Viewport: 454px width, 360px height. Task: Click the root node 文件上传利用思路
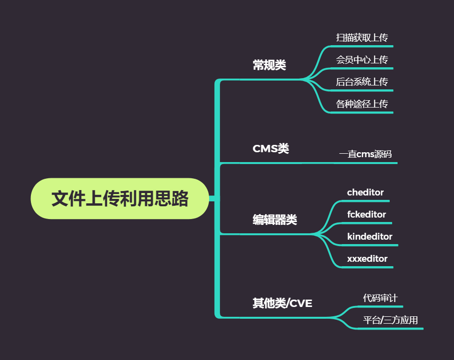120,198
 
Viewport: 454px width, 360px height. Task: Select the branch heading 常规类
269,65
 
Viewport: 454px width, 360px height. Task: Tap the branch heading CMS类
270,148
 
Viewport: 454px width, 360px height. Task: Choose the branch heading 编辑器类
274,220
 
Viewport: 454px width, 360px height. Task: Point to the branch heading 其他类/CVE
282,303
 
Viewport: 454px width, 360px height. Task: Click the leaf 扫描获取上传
362,37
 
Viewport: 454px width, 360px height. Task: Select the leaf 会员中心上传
362,59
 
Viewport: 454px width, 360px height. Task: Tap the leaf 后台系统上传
362,82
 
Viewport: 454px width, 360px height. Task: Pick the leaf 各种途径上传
362,104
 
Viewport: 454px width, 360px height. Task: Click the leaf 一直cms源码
365,154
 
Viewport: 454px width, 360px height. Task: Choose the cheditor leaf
365,193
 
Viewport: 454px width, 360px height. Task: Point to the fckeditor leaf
366,215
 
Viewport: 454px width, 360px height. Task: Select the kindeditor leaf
370,237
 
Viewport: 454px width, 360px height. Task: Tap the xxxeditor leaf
367,259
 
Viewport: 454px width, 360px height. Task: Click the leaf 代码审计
380,298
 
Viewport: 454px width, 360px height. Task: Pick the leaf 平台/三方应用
390,320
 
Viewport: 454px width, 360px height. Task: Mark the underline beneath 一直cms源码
366,163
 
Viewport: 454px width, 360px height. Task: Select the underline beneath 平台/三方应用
390,329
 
